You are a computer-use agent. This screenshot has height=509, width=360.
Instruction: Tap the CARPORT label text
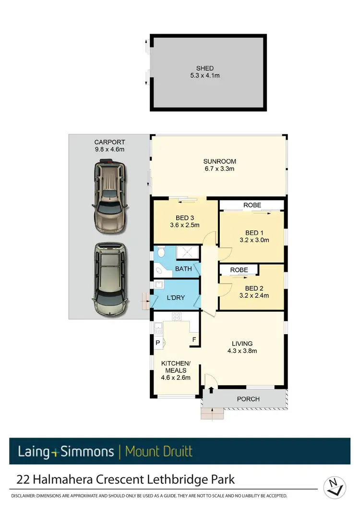(x=109, y=142)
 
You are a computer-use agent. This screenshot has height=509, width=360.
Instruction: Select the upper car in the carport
(x=110, y=192)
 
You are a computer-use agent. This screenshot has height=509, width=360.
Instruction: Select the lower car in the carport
(x=110, y=280)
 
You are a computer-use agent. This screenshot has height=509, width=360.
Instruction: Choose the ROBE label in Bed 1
(x=252, y=205)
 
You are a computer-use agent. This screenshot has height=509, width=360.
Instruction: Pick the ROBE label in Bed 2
(x=239, y=270)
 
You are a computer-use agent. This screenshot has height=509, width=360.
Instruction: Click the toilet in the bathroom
(x=162, y=252)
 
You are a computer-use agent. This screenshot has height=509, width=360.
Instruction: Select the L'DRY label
(x=176, y=298)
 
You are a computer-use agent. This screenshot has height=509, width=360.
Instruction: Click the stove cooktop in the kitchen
(x=176, y=316)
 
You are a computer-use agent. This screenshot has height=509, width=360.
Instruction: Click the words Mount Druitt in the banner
(x=158, y=451)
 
